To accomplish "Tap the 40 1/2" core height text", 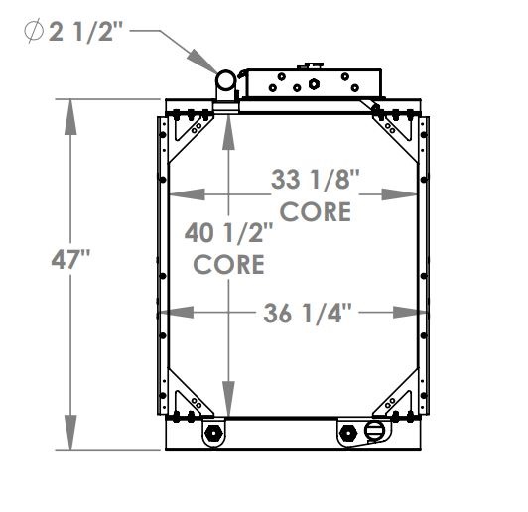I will (x=229, y=236).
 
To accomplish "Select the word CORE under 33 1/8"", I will (x=315, y=211).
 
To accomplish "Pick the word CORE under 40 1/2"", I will (x=228, y=265).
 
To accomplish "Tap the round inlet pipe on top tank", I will (x=226, y=81).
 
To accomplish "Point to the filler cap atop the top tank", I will (x=317, y=65).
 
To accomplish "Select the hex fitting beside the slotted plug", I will (x=348, y=433).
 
